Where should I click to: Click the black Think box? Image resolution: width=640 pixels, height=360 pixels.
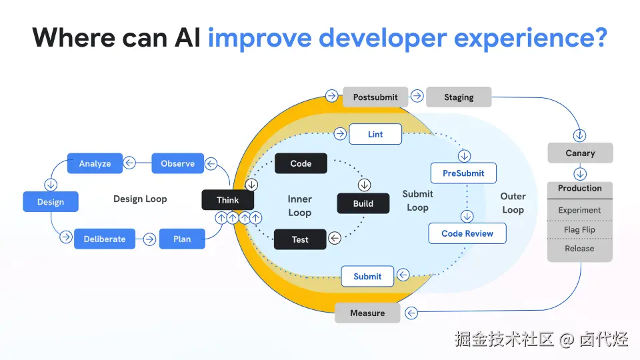pyautogui.click(x=228, y=200)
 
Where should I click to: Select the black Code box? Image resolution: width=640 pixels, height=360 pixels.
pyautogui.click(x=301, y=163)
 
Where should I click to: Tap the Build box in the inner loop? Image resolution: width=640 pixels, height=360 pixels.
pyautogui.click(x=363, y=203)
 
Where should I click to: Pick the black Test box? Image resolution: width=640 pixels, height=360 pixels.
pyautogui.click(x=300, y=239)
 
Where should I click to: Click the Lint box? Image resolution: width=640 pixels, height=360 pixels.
pyautogui.click(x=375, y=134)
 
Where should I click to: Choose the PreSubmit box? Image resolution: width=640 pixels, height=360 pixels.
pyautogui.click(x=463, y=173)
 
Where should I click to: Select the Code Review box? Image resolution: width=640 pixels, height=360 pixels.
pyautogui.click(x=467, y=233)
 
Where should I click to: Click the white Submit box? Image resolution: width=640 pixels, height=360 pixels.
pyautogui.click(x=367, y=276)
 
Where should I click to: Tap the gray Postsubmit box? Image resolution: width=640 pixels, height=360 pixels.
pyautogui.click(x=375, y=97)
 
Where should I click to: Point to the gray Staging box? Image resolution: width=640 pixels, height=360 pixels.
pyautogui.click(x=459, y=97)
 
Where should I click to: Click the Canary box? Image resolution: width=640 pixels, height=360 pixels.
pyautogui.click(x=580, y=153)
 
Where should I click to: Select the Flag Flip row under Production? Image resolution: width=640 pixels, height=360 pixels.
pyautogui.click(x=579, y=229)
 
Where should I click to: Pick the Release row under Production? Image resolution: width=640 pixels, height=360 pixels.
pyautogui.click(x=579, y=249)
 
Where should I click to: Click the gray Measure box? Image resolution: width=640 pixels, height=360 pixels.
pyautogui.click(x=367, y=313)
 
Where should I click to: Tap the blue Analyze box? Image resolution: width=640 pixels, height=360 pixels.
pyautogui.click(x=95, y=163)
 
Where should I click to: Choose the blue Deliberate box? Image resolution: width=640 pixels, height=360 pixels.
pyautogui.click(x=105, y=239)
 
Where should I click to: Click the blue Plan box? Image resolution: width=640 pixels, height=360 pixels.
pyautogui.click(x=182, y=239)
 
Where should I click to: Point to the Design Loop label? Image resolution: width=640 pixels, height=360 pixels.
pyautogui.click(x=140, y=199)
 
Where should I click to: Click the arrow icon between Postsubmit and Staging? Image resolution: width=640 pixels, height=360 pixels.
pyautogui.click(x=417, y=96)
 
